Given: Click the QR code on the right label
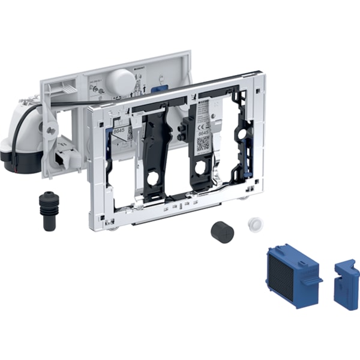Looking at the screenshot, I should (x=203, y=143).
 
